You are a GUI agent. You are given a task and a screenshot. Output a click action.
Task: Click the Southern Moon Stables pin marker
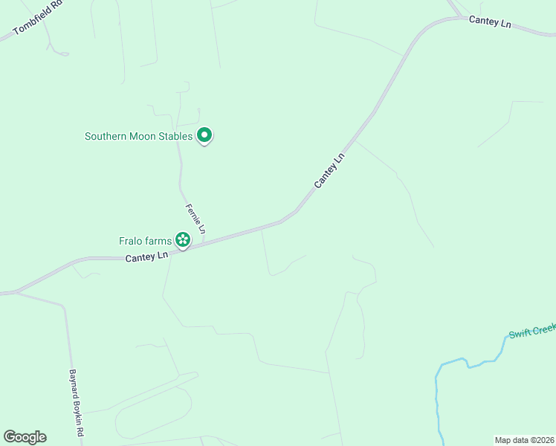coord(204,135)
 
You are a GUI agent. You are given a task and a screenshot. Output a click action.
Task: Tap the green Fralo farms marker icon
coord(182,239)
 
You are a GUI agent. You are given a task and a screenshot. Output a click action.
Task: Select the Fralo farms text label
coord(145,241)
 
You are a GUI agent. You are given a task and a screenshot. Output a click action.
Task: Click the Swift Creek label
coord(532,330)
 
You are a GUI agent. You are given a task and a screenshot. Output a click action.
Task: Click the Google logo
coord(25,437)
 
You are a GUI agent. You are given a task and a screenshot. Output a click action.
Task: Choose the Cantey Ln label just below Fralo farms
coord(146,257)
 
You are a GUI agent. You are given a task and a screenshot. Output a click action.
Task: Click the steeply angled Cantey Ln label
coord(330,171)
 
